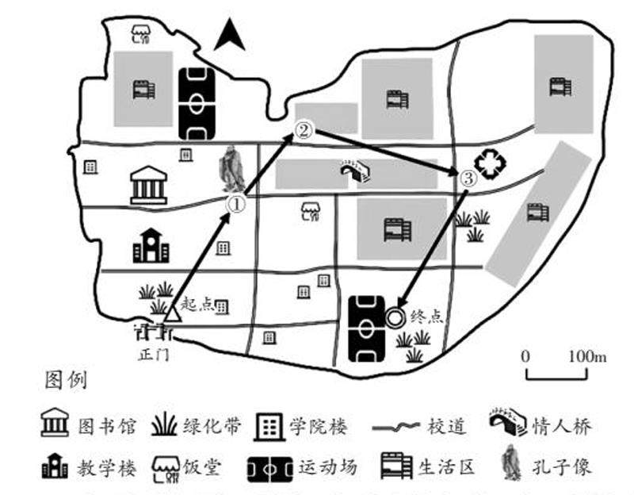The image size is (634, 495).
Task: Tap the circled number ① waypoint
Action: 236,204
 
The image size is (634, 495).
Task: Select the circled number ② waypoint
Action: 304,131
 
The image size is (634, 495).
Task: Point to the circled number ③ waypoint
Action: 468,178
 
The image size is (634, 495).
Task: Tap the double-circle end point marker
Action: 395,317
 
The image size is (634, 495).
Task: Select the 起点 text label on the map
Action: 197,303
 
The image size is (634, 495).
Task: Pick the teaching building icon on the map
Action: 151,246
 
